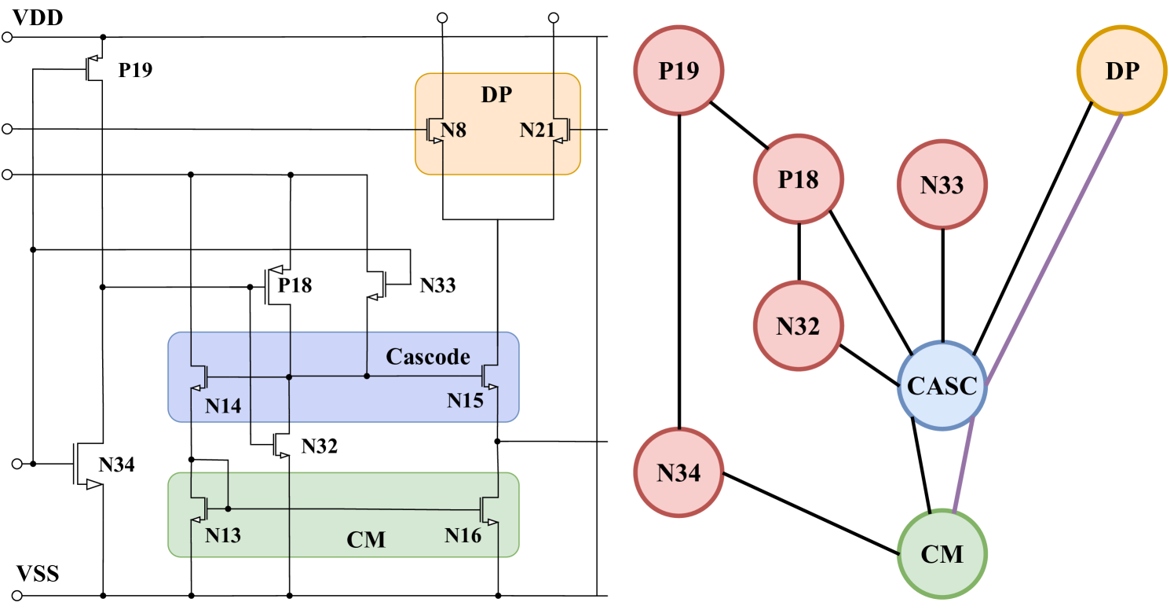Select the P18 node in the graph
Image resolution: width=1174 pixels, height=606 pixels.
tap(798, 179)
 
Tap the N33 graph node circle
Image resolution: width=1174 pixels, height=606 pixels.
tap(942, 185)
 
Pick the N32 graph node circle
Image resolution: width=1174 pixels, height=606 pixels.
tap(798, 325)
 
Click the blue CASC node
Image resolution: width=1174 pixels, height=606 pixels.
tap(942, 386)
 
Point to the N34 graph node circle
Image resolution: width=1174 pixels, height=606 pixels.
tap(678, 472)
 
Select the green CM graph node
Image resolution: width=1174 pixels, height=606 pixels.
tap(942, 555)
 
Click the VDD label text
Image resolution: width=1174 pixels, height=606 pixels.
tap(37, 17)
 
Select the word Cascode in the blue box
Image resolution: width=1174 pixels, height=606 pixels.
tap(427, 357)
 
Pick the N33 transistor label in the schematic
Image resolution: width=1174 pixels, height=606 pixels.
tap(437, 285)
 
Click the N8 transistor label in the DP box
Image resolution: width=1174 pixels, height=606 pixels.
tap(454, 130)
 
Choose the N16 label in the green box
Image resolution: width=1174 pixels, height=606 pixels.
tap(463, 536)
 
